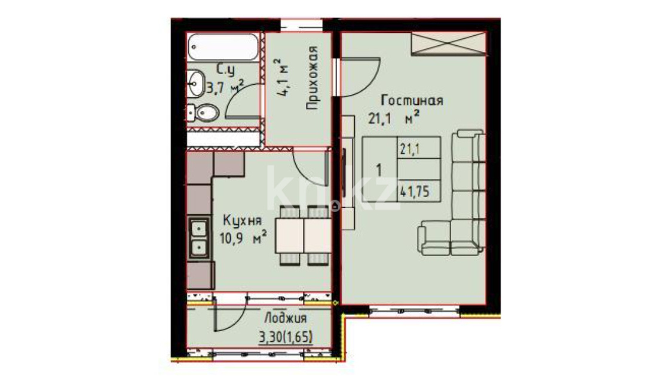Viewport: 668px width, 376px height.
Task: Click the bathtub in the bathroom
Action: [x=223, y=47]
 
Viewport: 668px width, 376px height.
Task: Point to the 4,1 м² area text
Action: [x=282, y=78]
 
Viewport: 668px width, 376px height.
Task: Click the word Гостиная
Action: [x=412, y=100]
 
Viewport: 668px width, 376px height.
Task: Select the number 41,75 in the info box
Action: [x=415, y=192]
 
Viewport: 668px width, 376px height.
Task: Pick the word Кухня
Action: [x=243, y=221]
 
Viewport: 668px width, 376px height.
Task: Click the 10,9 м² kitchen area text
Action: [x=243, y=238]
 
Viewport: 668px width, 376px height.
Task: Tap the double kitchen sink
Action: [x=199, y=238]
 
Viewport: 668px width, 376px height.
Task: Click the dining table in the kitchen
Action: [x=303, y=235]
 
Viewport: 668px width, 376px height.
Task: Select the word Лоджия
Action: [x=285, y=319]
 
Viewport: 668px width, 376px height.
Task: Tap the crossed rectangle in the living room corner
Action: [x=449, y=44]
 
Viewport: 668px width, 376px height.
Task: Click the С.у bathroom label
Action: [x=226, y=69]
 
